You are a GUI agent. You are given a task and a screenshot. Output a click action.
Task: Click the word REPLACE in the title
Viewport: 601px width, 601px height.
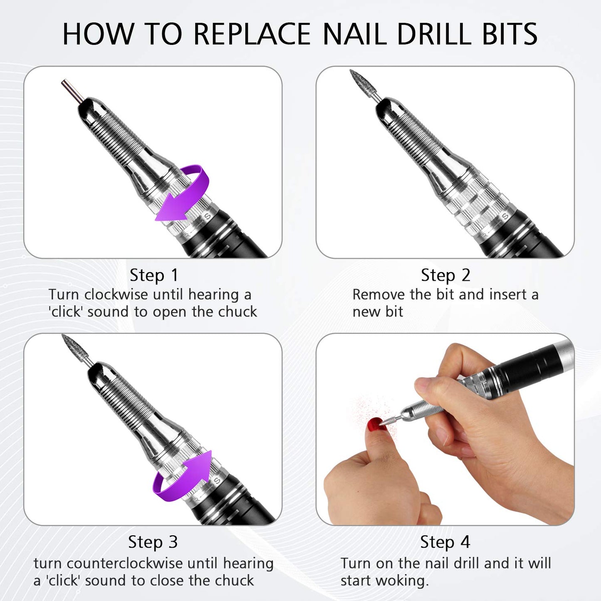(x=252, y=34)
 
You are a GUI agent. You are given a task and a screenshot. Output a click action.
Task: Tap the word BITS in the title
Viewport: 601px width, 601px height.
(x=509, y=34)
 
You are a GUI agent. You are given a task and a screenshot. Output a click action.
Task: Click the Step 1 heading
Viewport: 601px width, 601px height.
(x=153, y=275)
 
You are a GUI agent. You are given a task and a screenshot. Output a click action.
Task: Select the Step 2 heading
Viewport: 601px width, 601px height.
(x=445, y=275)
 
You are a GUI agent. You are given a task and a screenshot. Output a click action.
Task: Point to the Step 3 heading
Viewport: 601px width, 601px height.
(x=153, y=542)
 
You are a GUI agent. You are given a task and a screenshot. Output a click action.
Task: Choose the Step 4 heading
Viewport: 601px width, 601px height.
(x=445, y=542)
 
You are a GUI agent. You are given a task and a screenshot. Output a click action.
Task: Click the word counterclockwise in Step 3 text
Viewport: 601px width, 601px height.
(x=124, y=564)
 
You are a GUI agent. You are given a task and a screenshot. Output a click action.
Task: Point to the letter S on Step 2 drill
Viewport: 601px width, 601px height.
(x=505, y=217)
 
